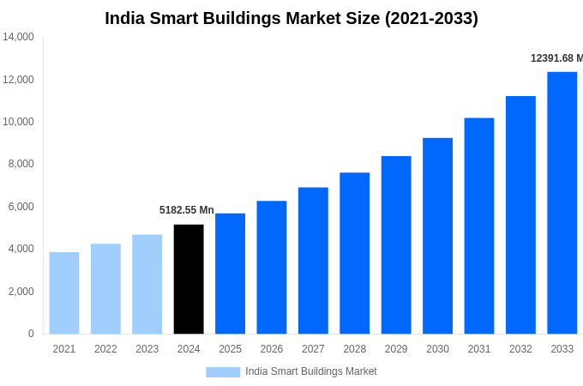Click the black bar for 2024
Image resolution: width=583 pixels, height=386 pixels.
(189, 279)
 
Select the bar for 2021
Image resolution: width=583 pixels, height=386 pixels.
(64, 293)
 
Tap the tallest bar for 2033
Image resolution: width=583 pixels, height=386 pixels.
(562, 202)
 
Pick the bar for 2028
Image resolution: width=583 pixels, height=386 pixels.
(355, 253)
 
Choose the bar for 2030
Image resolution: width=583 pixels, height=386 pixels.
(437, 236)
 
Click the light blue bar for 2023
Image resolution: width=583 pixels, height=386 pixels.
(147, 284)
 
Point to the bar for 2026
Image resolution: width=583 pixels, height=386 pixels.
(272, 267)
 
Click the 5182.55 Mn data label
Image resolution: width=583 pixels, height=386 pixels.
(187, 210)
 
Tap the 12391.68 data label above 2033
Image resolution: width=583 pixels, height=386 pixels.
(556, 58)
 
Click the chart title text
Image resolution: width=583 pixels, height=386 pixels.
(291, 18)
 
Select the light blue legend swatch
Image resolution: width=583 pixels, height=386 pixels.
(223, 371)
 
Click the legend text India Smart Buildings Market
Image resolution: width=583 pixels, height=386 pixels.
(311, 371)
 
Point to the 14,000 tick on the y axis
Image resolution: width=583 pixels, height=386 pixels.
(18, 37)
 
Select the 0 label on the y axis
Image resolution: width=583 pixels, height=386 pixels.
(31, 334)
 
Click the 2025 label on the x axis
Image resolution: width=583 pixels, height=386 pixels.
(230, 349)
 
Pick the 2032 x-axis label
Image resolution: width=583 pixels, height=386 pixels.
(520, 349)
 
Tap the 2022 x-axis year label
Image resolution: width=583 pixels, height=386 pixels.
(105, 349)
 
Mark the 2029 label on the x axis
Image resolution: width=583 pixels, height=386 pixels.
(396, 349)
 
